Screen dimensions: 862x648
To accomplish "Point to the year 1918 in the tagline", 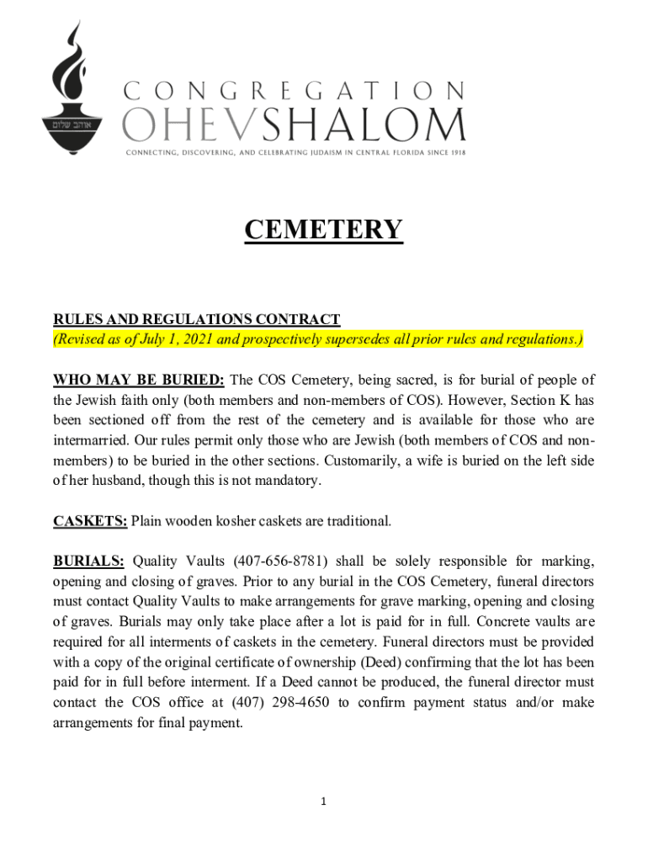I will pos(457,152).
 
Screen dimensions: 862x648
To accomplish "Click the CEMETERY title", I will pos(324,229).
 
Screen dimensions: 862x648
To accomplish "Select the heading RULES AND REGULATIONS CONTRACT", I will pos(197,319).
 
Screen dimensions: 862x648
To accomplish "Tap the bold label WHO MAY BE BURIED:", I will pos(139,380).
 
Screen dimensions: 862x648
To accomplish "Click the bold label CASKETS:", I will pos(90,521).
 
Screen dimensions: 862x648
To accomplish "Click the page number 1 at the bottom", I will pos(324,801).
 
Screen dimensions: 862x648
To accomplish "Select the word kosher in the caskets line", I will pos(240,521).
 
